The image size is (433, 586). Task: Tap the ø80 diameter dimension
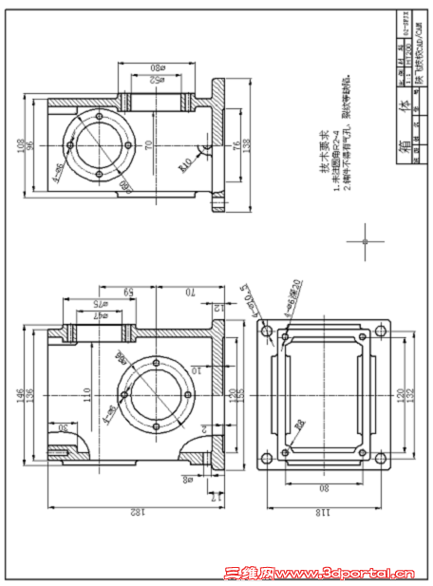click(158, 68)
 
